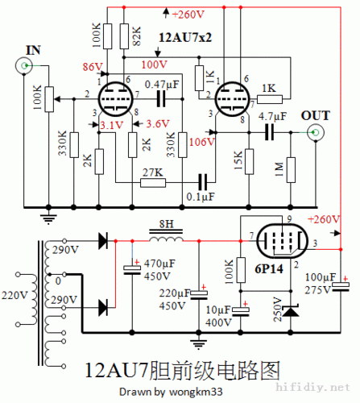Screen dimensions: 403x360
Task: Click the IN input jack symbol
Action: (25, 65)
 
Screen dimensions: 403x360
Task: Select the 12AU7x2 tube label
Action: (185, 38)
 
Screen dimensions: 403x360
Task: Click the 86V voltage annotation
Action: (92, 65)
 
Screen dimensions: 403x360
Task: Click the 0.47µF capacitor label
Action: (162, 83)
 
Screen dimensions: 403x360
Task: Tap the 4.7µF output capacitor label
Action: (273, 116)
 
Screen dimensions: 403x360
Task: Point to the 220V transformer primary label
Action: (14, 293)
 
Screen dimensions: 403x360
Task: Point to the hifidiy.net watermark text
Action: (327, 388)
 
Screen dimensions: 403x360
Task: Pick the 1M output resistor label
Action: (278, 169)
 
